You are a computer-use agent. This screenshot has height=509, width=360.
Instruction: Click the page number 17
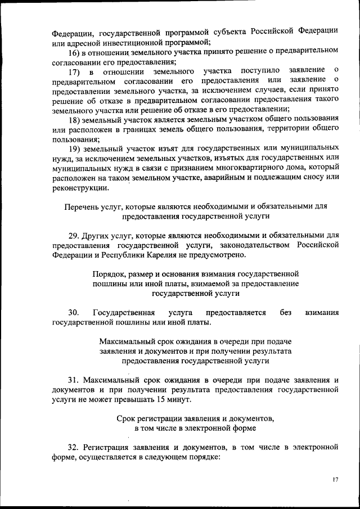[x=335, y=479]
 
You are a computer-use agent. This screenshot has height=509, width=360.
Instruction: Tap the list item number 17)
[x=75, y=72]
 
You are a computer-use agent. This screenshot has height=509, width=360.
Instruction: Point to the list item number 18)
[x=75, y=120]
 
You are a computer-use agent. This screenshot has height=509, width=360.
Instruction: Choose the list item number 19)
[x=75, y=149]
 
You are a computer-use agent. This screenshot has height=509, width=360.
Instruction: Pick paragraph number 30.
[x=73, y=312]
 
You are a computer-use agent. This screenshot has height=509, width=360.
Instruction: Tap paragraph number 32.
[x=73, y=447]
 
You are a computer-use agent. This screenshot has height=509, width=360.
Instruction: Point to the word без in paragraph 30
[x=285, y=312]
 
